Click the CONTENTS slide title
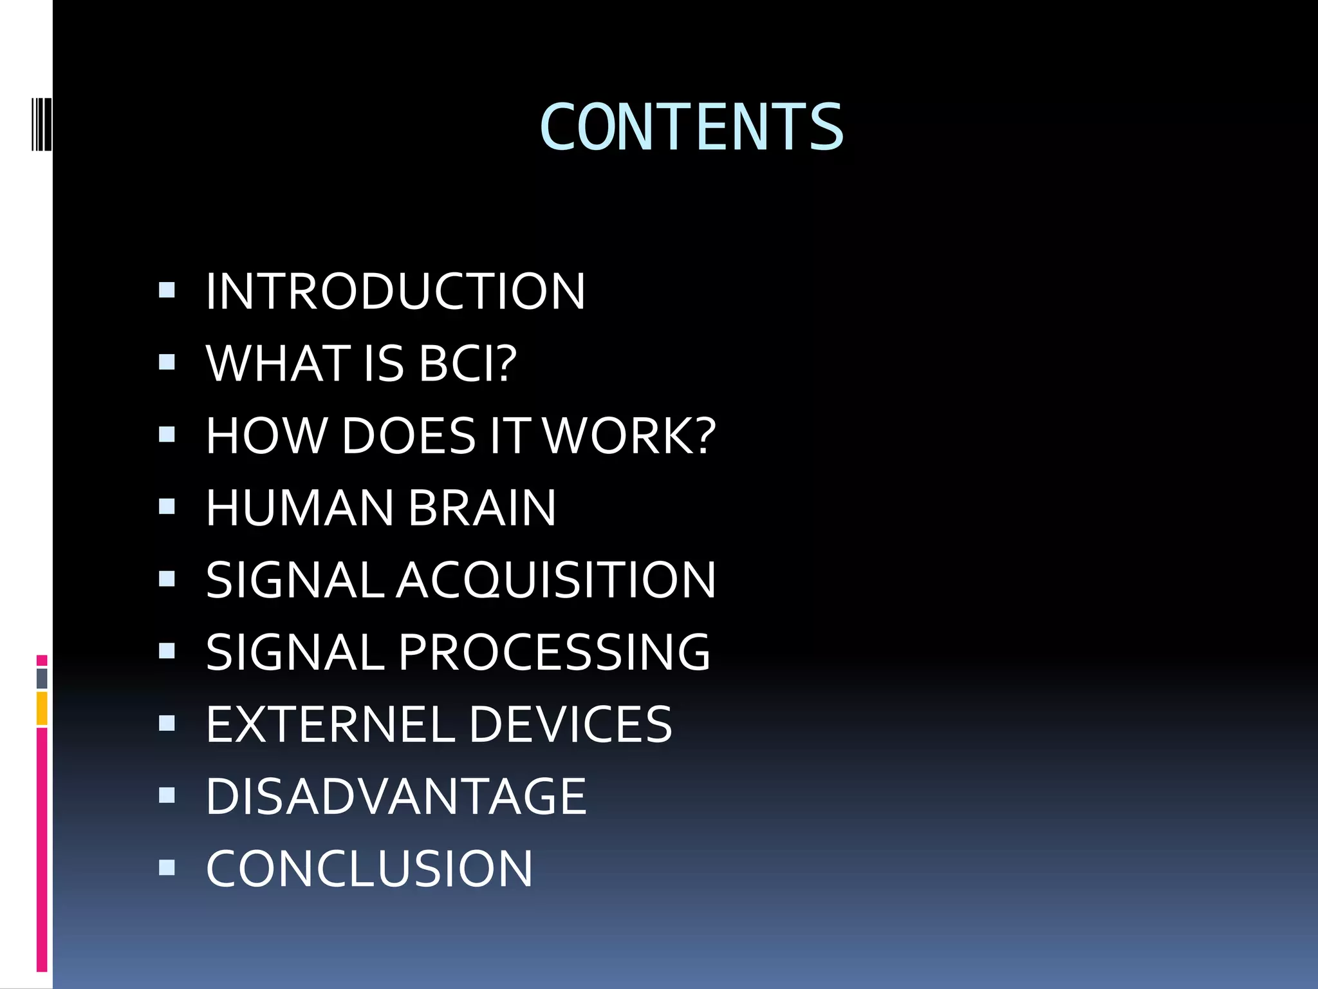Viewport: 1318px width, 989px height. tap(691, 127)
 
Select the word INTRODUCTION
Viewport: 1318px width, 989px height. tap(395, 292)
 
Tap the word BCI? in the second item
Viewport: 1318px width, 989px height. tap(468, 364)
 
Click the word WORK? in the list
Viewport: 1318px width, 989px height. tap(629, 436)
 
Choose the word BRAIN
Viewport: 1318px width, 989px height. tap(482, 508)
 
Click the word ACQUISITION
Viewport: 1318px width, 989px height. tap(556, 580)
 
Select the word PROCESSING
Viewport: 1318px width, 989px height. tap(555, 652)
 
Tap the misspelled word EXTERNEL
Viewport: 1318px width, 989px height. tap(330, 724)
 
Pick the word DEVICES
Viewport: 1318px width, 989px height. tap(570, 724)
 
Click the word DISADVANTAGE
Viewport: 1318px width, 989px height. tap(396, 796)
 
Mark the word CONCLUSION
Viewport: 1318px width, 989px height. tap(369, 869)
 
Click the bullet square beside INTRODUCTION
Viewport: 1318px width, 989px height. tap(167, 290)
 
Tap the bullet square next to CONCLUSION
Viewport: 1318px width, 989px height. tap(167, 867)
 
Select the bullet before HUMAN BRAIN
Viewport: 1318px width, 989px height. tap(167, 507)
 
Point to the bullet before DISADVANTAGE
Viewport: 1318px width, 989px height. tap(167, 795)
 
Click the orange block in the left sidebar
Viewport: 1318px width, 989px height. tap(42, 708)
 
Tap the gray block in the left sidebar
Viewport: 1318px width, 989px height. tap(42, 678)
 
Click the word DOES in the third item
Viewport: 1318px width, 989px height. tap(409, 436)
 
